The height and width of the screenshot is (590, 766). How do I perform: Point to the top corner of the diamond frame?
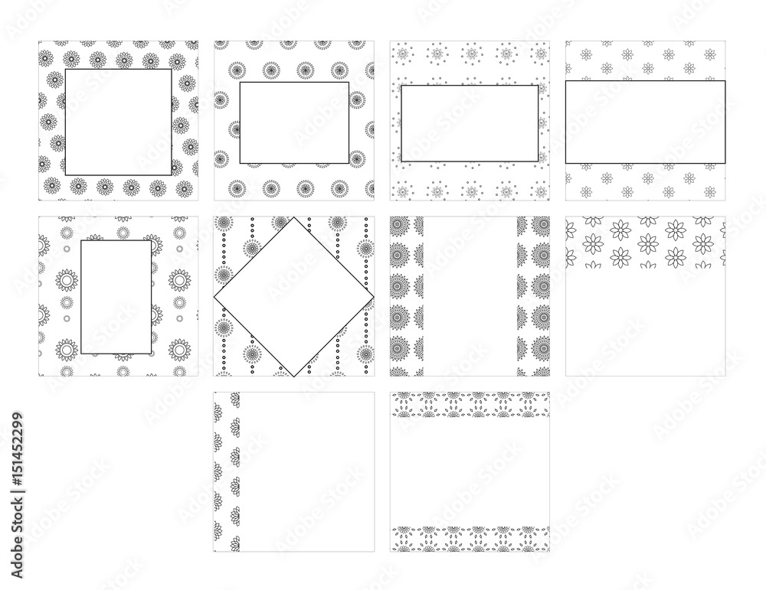(x=294, y=217)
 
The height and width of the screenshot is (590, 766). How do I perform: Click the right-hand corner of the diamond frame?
(x=374, y=297)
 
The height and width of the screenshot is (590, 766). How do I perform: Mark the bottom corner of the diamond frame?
(x=294, y=376)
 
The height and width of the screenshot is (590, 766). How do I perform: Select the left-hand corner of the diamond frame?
(x=214, y=297)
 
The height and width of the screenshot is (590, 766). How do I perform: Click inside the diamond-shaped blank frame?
(x=294, y=297)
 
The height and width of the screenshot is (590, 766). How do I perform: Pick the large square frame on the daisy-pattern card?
(x=65, y=122)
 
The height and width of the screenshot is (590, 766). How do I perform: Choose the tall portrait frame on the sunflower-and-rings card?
(x=80, y=297)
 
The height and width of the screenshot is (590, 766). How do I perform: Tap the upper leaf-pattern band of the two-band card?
(x=470, y=405)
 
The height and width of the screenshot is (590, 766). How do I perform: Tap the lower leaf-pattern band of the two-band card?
(x=470, y=539)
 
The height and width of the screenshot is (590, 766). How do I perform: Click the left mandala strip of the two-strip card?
(x=407, y=296)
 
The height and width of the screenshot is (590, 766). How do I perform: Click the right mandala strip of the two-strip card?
(x=533, y=296)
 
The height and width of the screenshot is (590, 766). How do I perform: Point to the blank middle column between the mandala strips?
(x=470, y=296)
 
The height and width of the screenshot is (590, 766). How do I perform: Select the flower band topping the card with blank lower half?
(x=645, y=243)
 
